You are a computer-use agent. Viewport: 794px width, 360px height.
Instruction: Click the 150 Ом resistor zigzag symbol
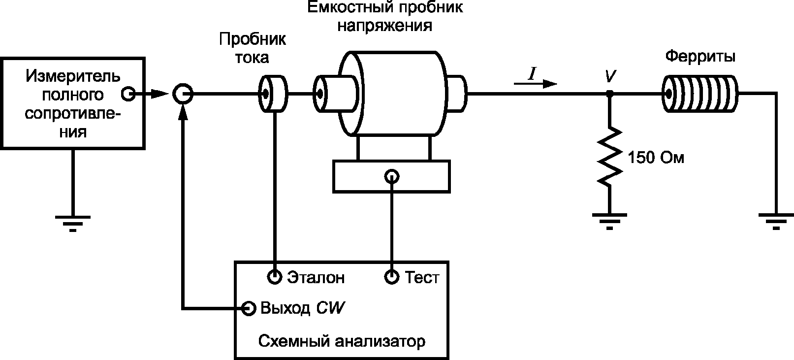[609, 157]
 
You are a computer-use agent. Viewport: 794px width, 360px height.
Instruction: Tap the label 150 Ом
[656, 158]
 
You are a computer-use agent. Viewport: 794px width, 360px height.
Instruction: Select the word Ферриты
[700, 57]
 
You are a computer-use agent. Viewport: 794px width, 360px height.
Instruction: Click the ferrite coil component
[700, 94]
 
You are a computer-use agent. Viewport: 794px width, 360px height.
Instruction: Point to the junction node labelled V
[610, 94]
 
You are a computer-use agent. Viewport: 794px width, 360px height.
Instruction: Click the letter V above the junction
[610, 76]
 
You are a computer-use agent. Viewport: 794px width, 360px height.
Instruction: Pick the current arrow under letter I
[535, 84]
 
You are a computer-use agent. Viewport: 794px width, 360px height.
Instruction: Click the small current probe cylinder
[273, 94]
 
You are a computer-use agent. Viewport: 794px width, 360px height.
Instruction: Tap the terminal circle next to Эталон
[274, 277]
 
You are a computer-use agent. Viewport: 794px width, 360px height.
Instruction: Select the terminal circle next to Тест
[392, 277]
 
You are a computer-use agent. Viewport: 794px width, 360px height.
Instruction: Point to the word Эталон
[316, 277]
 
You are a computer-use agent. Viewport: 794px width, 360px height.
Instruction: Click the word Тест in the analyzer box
[422, 277]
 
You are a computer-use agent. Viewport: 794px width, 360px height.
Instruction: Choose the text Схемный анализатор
[342, 341]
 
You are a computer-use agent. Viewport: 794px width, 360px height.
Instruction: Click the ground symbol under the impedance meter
[73, 224]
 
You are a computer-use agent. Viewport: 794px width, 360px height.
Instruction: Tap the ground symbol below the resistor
[609, 222]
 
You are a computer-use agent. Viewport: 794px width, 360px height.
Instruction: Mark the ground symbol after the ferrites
[776, 222]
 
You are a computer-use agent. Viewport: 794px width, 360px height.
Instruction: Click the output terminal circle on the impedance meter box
[128, 94]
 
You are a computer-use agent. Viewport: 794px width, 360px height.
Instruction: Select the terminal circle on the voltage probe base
[392, 177]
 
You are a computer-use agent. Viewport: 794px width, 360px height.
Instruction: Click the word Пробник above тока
[253, 39]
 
